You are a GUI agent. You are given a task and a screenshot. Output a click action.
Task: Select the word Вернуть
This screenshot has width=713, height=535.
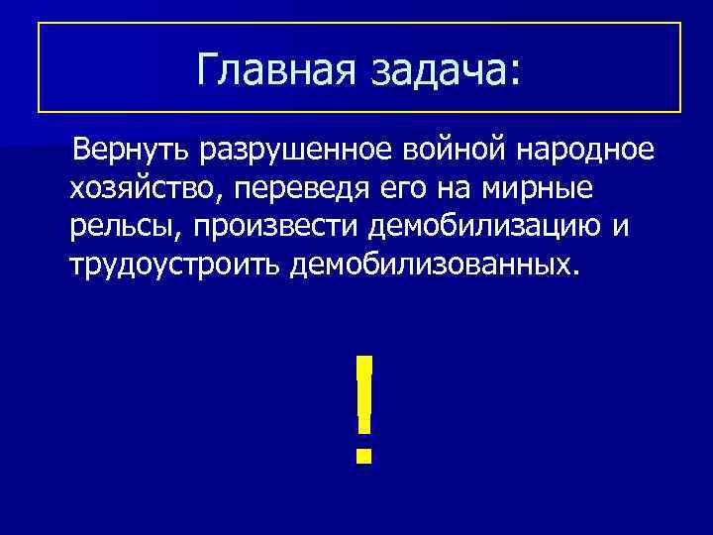(x=132, y=151)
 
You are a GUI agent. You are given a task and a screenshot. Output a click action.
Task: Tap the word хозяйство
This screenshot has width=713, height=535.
(x=141, y=188)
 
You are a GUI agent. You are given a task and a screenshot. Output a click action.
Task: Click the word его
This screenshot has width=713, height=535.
(x=406, y=188)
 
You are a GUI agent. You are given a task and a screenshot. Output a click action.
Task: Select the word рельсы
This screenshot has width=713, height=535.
(x=125, y=227)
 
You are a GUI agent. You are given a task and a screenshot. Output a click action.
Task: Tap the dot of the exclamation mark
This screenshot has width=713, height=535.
(x=364, y=456)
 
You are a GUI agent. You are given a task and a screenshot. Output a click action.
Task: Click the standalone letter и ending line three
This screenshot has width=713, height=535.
(x=621, y=227)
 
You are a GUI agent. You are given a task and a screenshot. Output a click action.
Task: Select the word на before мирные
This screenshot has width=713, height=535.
(x=456, y=188)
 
